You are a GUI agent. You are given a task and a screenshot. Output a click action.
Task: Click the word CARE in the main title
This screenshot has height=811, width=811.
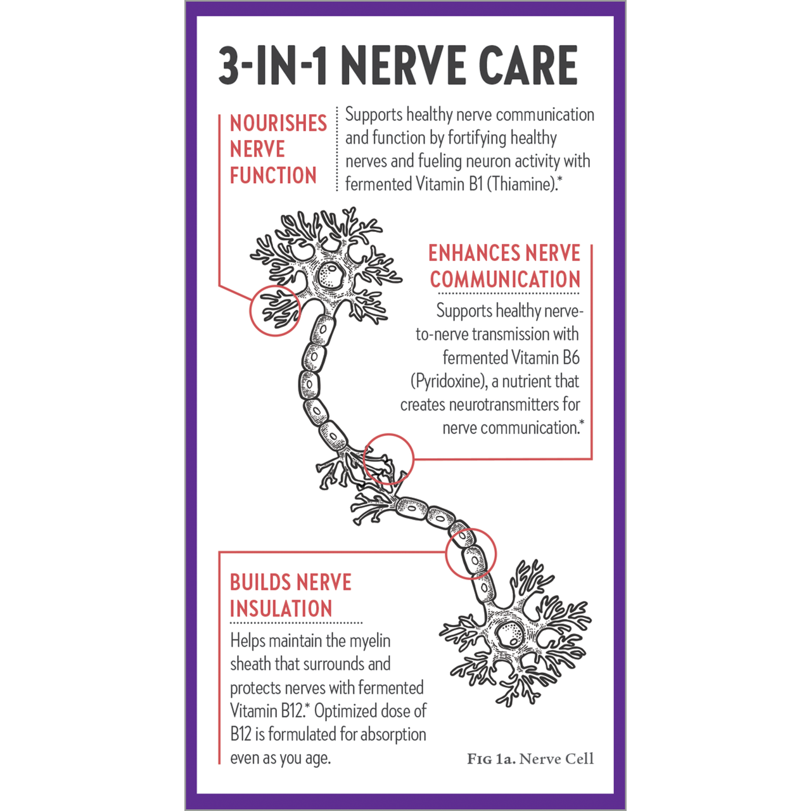528,65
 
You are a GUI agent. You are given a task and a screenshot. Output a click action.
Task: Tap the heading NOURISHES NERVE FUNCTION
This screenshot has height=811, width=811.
278,150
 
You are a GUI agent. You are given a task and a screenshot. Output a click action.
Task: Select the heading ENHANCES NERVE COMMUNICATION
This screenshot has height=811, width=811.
504,266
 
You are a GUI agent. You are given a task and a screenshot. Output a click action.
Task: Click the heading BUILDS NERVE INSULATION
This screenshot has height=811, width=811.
290,595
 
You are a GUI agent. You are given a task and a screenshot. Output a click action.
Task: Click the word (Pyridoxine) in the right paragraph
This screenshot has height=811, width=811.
449,381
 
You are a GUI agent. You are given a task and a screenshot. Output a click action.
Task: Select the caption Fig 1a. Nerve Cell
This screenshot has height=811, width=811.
530,759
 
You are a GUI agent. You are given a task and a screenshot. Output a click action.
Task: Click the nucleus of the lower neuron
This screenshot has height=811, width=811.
511,634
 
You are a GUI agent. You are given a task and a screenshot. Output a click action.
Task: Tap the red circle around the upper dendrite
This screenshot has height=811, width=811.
275,310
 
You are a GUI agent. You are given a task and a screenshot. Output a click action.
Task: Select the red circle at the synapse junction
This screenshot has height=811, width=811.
388,459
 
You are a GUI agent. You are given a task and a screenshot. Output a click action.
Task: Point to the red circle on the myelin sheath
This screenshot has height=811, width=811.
471,554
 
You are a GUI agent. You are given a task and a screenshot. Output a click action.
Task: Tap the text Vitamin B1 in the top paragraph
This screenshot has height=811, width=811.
449,184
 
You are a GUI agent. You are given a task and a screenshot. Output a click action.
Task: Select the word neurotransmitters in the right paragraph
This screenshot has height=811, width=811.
504,405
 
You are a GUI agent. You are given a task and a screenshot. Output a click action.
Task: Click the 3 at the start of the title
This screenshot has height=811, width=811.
229,65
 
